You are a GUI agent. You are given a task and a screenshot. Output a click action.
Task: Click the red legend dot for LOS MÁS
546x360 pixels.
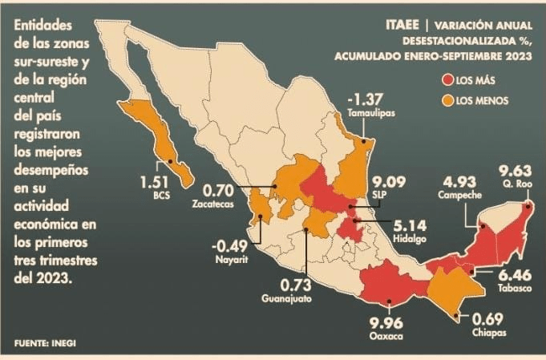tap(446, 80)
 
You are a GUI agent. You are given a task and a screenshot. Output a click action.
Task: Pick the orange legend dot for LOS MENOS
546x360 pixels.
tap(446, 100)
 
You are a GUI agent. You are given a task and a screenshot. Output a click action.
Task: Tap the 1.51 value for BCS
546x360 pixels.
tap(157, 180)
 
